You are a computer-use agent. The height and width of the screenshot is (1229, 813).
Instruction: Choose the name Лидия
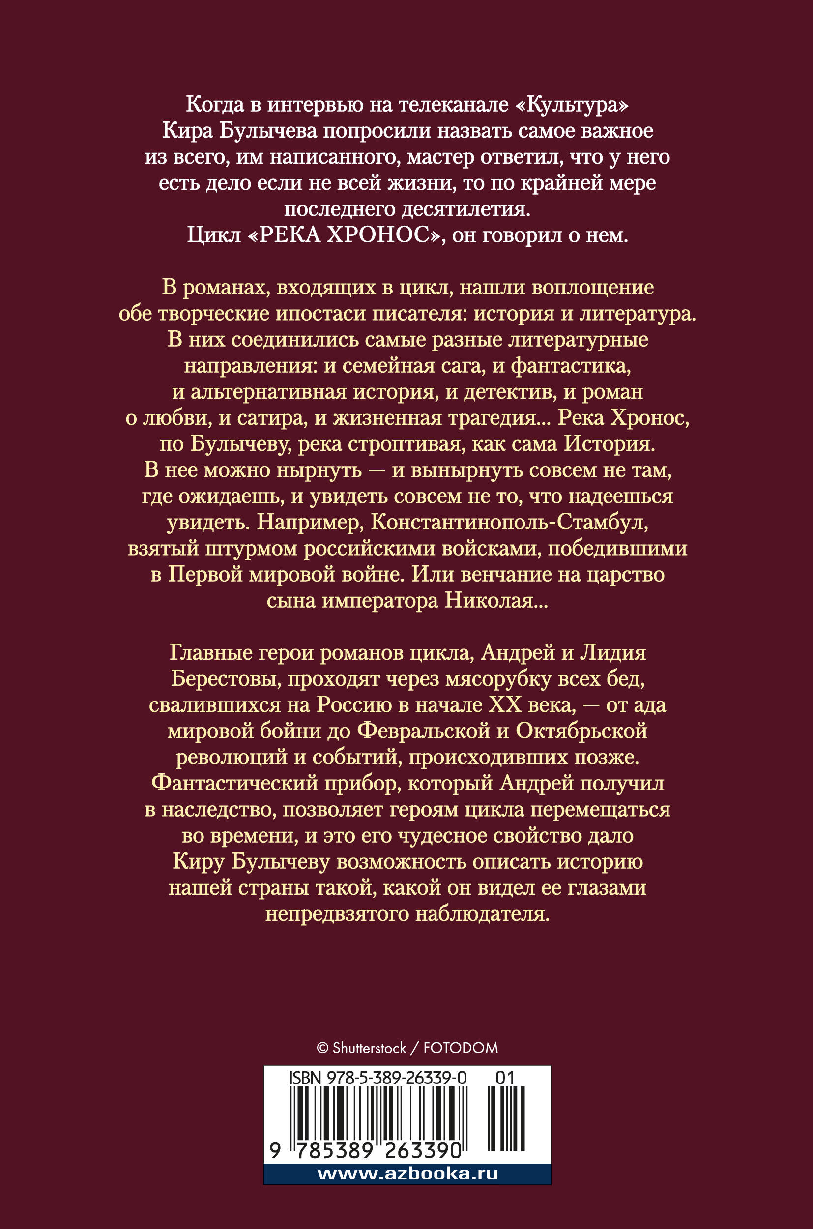[612, 653]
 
